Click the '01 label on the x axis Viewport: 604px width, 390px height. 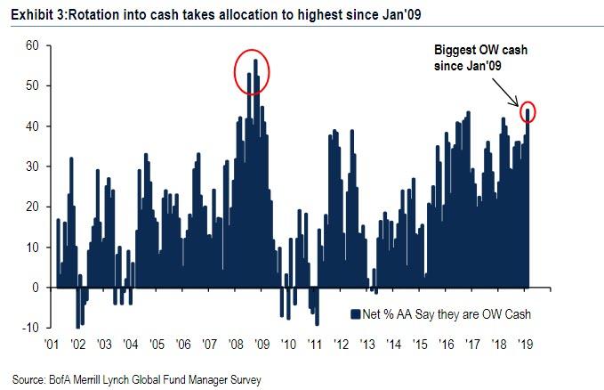tap(51, 344)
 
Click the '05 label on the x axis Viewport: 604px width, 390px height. tap(156, 344)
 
